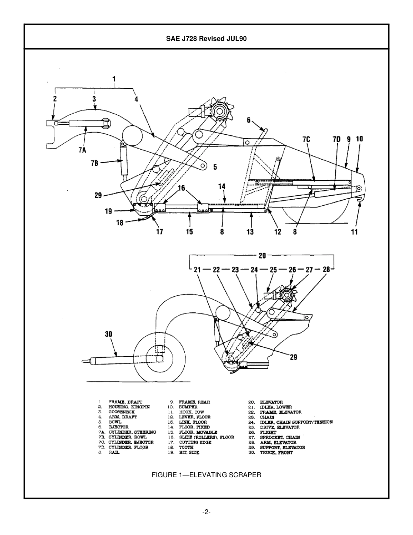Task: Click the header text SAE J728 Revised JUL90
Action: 206,38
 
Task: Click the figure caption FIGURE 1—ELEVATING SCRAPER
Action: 206,475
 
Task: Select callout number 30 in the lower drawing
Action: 108,334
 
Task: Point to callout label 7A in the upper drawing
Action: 83,150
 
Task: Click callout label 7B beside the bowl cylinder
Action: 94,163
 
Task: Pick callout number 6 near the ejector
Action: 249,120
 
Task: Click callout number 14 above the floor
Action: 222,186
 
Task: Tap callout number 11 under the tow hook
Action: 354,232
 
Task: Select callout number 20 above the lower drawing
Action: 262,255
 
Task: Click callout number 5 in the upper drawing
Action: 215,167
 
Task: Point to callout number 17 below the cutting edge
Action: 160,231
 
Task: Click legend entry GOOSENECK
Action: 122,412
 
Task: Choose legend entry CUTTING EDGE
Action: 195,442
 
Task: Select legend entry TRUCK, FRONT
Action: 276,452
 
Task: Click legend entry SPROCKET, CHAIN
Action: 280,437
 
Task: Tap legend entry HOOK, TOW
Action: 191,412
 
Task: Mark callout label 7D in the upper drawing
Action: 336,139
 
